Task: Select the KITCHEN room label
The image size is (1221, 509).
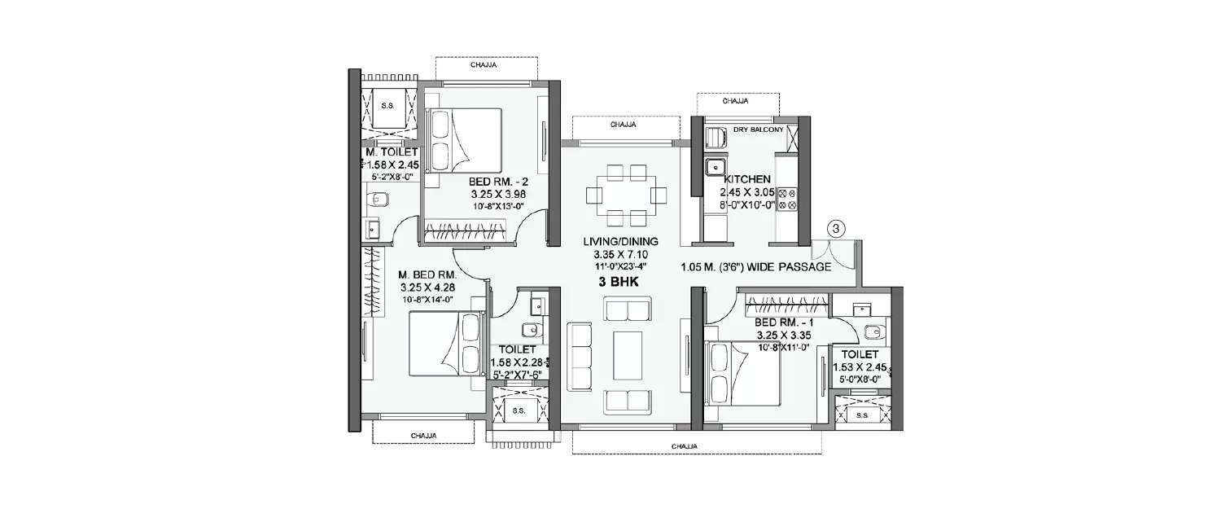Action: pos(742,178)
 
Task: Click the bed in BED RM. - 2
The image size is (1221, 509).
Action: pos(464,139)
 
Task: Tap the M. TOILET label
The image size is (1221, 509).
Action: pos(392,152)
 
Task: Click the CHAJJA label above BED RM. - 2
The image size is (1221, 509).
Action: pos(485,64)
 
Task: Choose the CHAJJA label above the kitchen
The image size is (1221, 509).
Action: pos(736,101)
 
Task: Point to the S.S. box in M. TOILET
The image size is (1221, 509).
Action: pos(387,107)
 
